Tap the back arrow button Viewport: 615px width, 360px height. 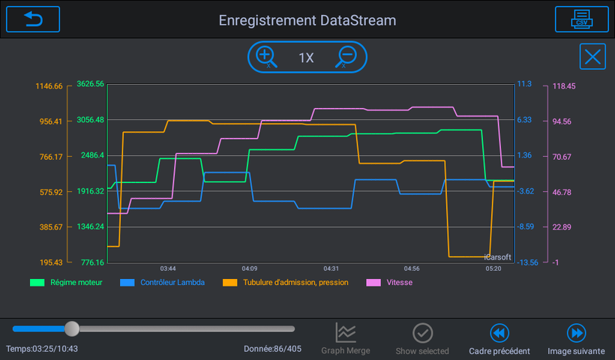click(x=33, y=19)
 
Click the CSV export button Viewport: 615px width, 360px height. click(x=582, y=19)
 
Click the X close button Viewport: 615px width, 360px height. click(x=592, y=56)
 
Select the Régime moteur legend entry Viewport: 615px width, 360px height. click(x=66, y=282)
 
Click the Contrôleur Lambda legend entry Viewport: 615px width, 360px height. click(x=163, y=282)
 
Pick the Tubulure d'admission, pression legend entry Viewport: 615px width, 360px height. click(x=286, y=282)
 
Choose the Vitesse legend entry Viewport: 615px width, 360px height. click(x=389, y=282)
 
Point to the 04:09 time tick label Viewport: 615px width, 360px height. click(x=250, y=268)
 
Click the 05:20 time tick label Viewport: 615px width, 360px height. click(x=493, y=268)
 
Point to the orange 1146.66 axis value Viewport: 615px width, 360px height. click(x=49, y=86)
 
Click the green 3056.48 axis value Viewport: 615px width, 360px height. click(x=90, y=119)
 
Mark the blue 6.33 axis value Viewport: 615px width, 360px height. click(x=524, y=119)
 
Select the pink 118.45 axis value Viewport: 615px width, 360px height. click(x=564, y=86)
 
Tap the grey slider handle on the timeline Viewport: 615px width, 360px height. click(x=72, y=328)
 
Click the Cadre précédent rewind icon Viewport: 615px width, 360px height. click(x=499, y=333)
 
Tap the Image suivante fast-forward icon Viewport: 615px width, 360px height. click(x=576, y=333)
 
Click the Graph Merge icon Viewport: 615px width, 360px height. click(x=346, y=332)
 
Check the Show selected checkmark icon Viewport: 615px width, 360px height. click(x=422, y=333)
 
